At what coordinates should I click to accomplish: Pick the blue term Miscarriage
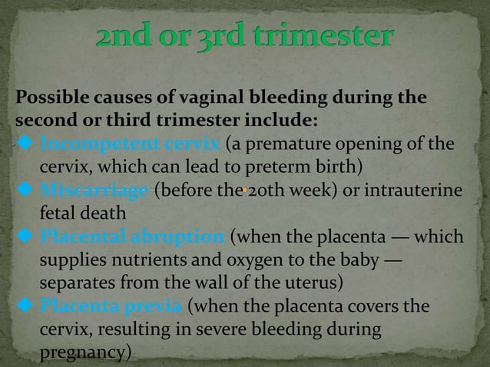click(95, 190)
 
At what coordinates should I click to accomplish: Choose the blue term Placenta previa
click(111, 307)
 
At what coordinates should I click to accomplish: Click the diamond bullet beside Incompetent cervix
click(23, 145)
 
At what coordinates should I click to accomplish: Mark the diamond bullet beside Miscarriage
click(23, 190)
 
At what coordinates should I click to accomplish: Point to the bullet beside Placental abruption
click(23, 235)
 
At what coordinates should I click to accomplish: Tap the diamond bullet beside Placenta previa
click(23, 307)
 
